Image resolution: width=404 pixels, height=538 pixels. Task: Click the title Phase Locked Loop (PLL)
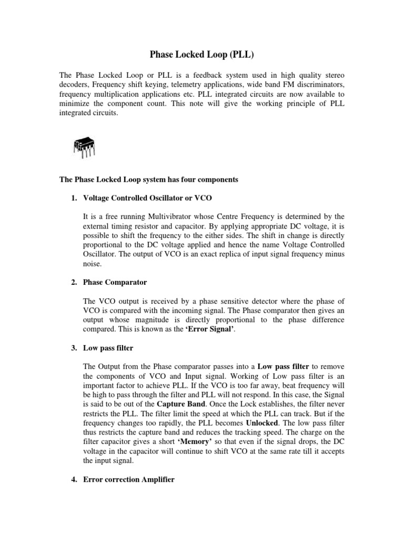(x=202, y=54)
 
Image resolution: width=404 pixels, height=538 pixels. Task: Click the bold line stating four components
(x=148, y=180)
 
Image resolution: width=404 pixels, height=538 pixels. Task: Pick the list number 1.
(x=74, y=197)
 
